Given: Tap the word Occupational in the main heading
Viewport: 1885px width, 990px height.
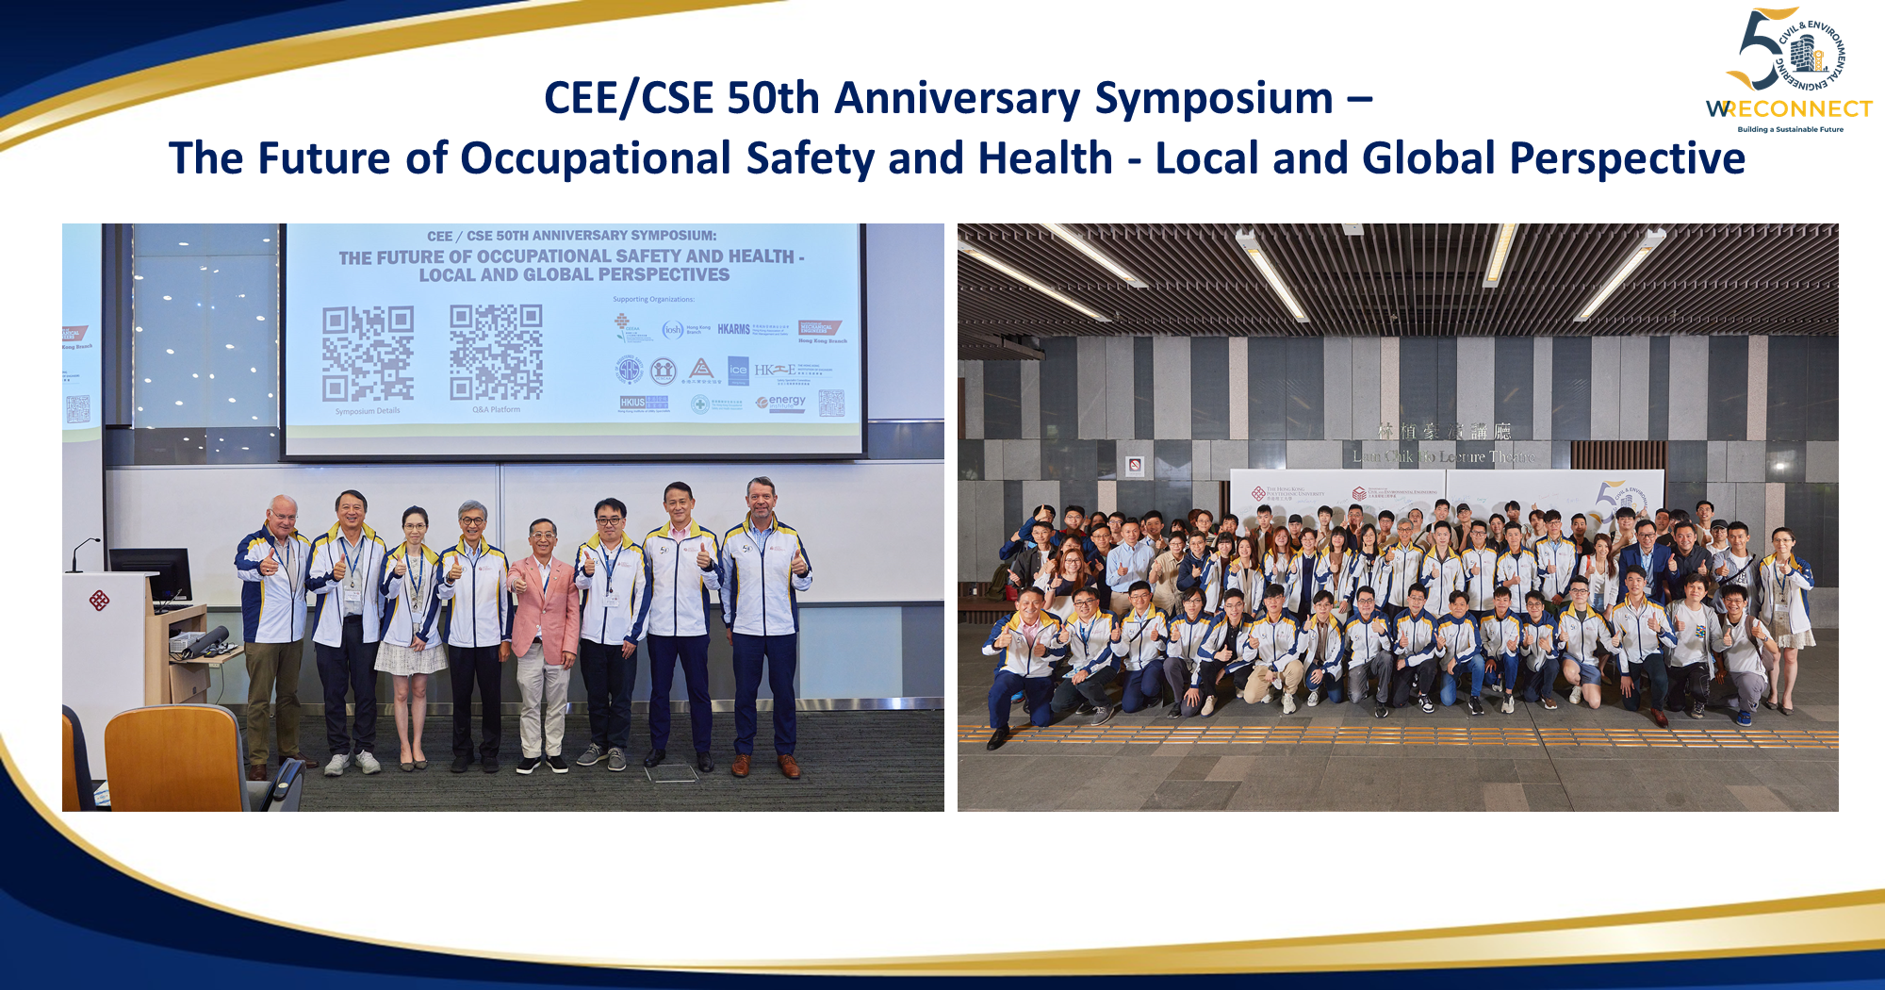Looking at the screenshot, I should pos(595,158).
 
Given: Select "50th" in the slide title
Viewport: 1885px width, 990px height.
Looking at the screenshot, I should pos(773,99).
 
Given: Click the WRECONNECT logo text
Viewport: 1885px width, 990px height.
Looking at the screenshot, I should pos(1789,109).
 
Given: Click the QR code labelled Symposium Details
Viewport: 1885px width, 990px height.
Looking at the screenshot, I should pos(368,354).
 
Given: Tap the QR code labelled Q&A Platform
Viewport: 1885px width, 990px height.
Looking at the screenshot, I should pos(496,352).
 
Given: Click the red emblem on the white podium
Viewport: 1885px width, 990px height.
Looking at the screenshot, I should pos(99,600).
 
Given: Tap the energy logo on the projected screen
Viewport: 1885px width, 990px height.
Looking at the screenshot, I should pos(781,403).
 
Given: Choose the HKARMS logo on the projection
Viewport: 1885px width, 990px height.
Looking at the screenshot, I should pos(733,329).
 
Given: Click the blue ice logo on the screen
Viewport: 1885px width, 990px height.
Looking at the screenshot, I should pos(738,370).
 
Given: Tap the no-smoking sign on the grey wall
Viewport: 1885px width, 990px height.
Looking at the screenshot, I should pos(1136,465).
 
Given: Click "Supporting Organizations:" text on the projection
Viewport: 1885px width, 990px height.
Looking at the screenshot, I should pos(653,300).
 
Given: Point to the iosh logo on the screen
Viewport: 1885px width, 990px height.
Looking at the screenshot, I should pos(673,329).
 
